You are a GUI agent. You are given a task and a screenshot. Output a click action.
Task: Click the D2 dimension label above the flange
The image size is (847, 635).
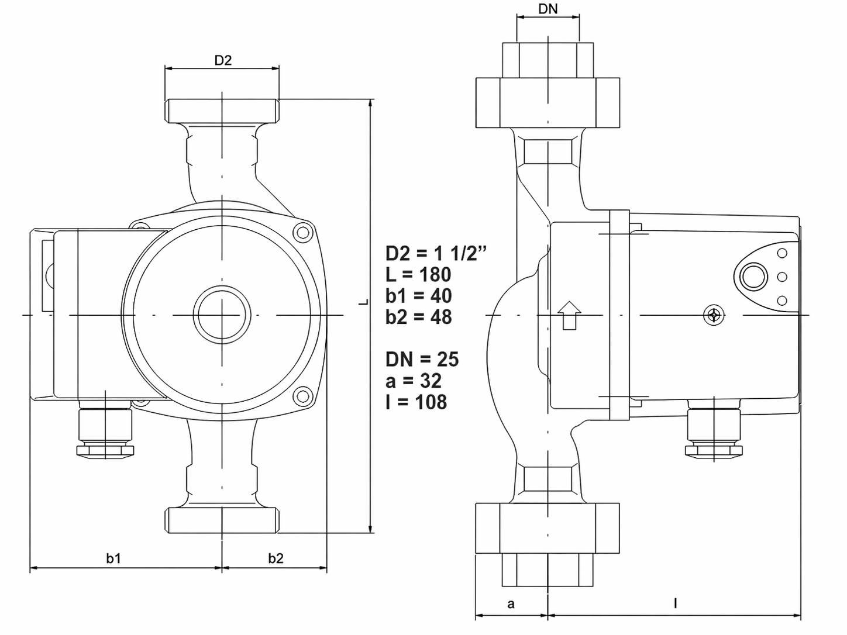(x=223, y=60)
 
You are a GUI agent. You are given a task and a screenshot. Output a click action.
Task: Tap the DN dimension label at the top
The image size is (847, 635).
(x=548, y=9)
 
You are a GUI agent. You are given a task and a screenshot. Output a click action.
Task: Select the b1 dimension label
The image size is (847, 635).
(x=114, y=558)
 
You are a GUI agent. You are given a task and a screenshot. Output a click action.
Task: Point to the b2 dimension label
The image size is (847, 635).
(x=276, y=558)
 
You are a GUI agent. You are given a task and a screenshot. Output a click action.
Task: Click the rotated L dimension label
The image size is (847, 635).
(x=363, y=302)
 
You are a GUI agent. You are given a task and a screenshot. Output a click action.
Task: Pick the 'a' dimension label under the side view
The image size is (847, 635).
(x=511, y=604)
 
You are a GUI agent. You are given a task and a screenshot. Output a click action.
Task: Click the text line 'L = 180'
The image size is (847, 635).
(x=418, y=274)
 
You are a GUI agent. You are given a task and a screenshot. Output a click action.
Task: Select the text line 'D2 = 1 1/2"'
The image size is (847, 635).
(x=436, y=253)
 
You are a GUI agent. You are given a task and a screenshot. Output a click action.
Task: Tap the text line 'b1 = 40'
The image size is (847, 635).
(x=419, y=296)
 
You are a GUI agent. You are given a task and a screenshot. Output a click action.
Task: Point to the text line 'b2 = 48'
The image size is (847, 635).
(x=419, y=317)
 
